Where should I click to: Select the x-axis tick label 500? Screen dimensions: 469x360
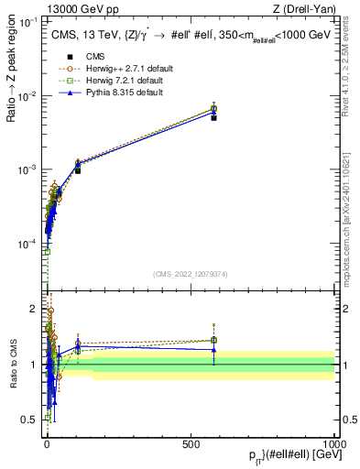191,442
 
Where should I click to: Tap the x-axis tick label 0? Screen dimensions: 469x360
47,442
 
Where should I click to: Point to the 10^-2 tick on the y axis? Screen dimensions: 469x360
29,96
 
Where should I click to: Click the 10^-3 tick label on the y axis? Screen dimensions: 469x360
29,170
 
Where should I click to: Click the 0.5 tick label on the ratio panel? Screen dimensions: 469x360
33,420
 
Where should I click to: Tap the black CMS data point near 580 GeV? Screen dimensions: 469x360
213,117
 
